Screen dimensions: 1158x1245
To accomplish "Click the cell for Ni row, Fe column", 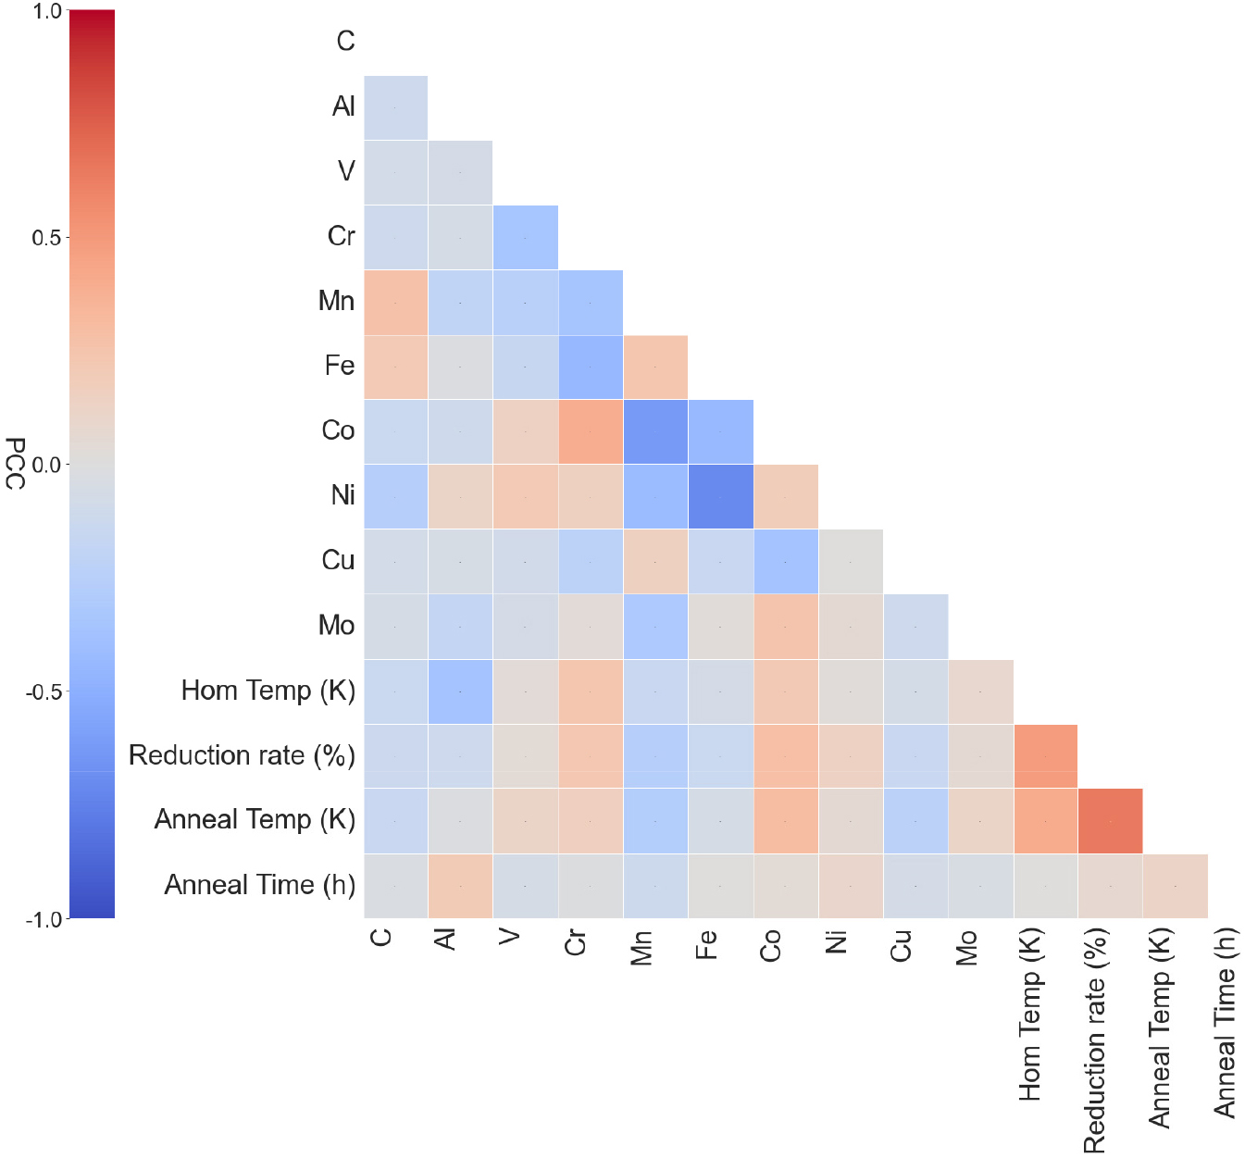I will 720,497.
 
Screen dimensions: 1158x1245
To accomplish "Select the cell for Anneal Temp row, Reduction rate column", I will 1110,821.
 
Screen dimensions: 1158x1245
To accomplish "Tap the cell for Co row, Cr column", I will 590,432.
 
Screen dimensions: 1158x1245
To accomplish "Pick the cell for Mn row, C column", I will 395,303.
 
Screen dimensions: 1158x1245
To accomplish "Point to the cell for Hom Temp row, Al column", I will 460,691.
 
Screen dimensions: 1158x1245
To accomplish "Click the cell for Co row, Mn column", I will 655,432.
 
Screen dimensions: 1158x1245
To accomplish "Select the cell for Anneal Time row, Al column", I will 460,886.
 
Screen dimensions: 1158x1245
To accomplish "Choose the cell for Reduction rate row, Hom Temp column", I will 1045,756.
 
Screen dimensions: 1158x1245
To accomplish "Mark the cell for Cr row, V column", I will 525,238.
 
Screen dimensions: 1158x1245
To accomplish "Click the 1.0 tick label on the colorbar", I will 46,12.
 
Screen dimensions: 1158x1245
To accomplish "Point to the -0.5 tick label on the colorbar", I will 43,691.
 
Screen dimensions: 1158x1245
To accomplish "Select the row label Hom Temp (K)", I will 268,691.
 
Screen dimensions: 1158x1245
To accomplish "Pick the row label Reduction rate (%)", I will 242,755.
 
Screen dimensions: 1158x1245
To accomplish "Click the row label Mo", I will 336,626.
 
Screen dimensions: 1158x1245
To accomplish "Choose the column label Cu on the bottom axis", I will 901,945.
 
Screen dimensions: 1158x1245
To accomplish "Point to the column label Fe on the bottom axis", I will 705,944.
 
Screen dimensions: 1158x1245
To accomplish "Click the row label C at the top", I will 345,41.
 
